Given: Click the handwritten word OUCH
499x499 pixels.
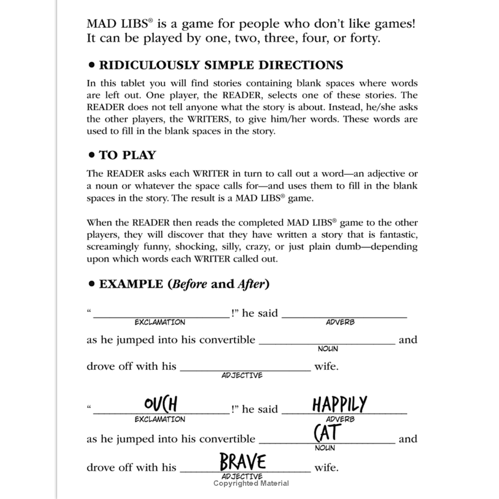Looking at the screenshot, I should (161, 404).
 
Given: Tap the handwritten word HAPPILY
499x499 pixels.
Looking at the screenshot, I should (339, 404).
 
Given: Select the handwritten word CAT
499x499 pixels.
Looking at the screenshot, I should (328, 432).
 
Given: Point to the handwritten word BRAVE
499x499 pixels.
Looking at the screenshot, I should (243, 461).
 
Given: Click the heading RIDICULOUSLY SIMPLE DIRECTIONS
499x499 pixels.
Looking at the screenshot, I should (221, 65).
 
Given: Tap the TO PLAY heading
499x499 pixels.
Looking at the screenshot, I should (127, 155).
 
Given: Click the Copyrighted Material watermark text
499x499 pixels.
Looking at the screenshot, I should (251, 484).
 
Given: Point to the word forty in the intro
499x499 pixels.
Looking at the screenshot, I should (364, 38).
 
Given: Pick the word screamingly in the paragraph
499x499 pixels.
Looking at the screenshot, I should (113, 247).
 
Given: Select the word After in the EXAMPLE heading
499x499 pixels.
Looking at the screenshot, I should (251, 284).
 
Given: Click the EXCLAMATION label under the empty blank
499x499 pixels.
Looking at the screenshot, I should (160, 322).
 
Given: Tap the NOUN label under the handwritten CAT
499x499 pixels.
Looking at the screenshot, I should (325, 448).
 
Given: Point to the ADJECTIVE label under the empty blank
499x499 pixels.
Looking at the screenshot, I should (242, 375).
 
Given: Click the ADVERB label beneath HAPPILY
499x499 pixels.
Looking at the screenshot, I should (340, 419).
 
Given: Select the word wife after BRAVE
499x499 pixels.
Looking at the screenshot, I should (325, 468).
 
